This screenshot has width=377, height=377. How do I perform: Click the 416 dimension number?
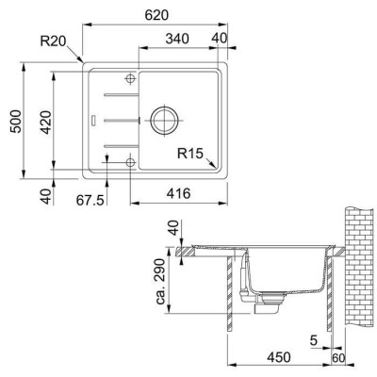[179, 198]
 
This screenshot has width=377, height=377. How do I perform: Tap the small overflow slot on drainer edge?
[92, 120]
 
